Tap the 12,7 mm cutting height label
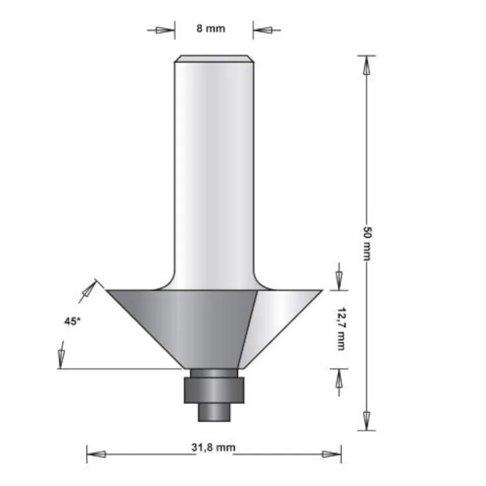pyautogui.click(x=339, y=329)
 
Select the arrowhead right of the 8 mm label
pyautogui.click(x=264, y=29)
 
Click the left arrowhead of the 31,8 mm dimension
pyautogui.click(x=97, y=454)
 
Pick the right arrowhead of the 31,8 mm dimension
pyautogui.click(x=331, y=454)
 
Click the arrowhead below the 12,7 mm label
pyautogui.click(x=339, y=380)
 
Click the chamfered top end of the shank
pyautogui.click(x=214, y=59)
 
